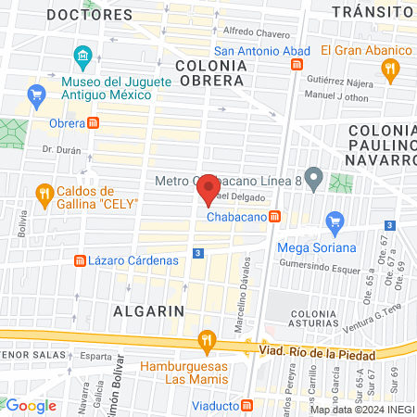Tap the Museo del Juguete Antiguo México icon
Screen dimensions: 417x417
pyautogui.click(x=82, y=58)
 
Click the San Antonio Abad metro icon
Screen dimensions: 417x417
pyautogui.click(x=297, y=65)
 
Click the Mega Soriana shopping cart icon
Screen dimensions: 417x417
pyautogui.click(x=335, y=222)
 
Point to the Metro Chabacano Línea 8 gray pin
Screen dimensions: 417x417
pyautogui.click(x=315, y=177)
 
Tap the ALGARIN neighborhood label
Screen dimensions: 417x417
pyautogui.click(x=147, y=310)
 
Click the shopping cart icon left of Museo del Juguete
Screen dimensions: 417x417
pyautogui.click(x=37, y=94)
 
